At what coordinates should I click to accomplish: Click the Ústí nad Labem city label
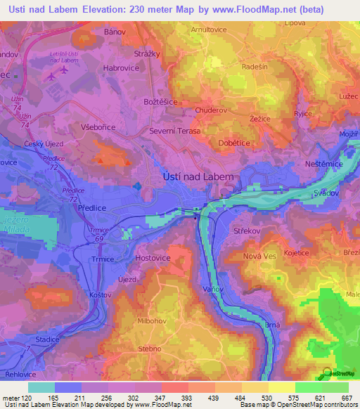click(x=198, y=178)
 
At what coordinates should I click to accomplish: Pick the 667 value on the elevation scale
click(x=347, y=398)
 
